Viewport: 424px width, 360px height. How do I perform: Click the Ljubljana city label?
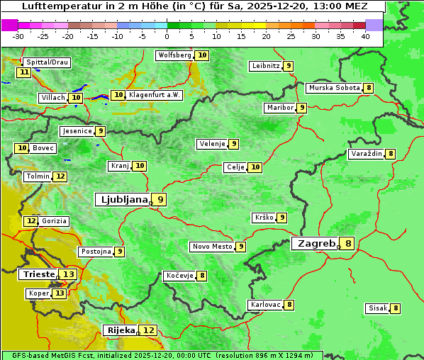(123, 200)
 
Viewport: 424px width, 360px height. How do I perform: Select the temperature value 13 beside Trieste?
(68, 274)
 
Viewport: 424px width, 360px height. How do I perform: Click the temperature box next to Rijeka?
(149, 330)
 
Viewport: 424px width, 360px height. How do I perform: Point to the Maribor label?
(279, 108)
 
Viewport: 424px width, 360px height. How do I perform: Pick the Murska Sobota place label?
(333, 88)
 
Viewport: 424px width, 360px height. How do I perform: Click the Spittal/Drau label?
(46, 62)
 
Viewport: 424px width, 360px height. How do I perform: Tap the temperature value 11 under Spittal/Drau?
(24, 72)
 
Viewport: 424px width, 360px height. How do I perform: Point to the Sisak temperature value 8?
(395, 308)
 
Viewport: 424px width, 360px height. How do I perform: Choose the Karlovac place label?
(265, 305)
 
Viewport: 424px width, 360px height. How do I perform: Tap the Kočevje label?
(179, 276)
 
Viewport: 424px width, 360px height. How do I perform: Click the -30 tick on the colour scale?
(18, 35)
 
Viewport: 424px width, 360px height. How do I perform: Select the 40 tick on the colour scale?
(365, 35)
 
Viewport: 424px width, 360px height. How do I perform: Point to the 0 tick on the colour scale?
(167, 35)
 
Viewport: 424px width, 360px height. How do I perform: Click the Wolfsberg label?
(174, 55)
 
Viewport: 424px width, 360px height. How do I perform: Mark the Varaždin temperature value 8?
(390, 154)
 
